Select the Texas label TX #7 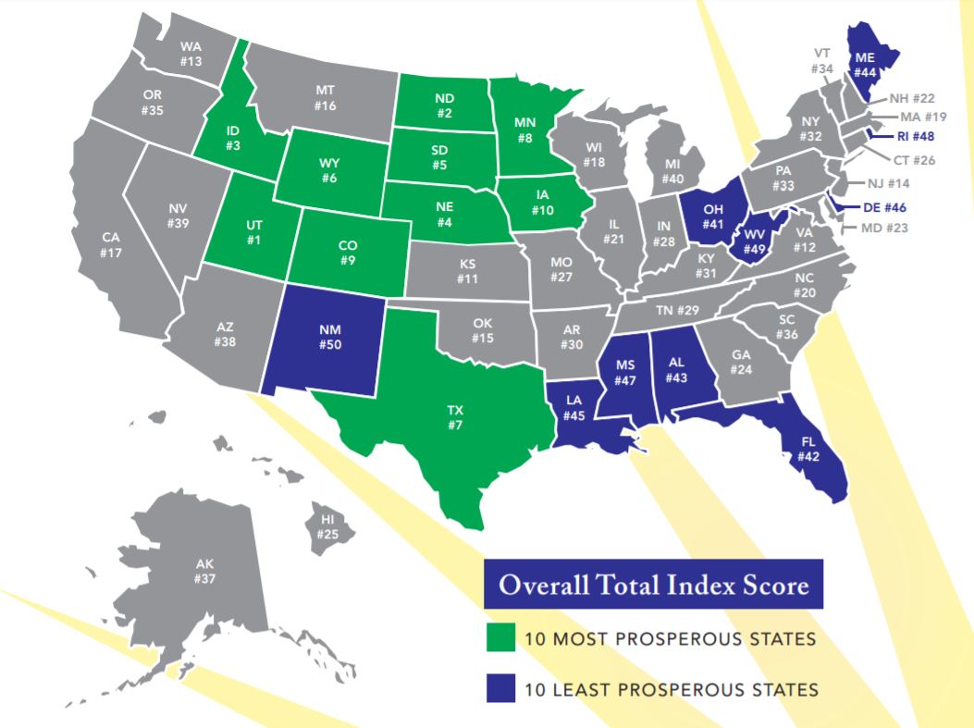(454, 417)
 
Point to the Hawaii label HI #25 (327, 527)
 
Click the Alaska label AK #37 (204, 571)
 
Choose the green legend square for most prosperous (500, 638)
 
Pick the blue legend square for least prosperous (500, 688)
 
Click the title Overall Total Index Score (653, 585)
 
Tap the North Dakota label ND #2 (444, 105)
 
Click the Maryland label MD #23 (884, 227)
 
